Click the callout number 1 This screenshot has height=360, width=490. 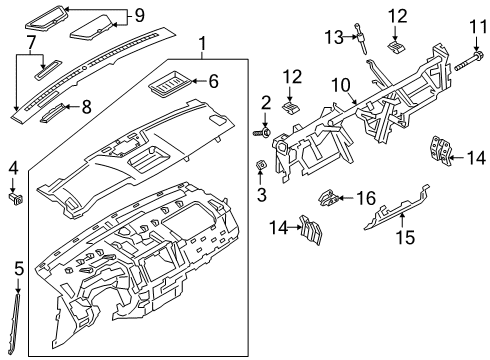point(203,44)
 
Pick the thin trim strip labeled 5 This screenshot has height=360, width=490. point(19,321)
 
